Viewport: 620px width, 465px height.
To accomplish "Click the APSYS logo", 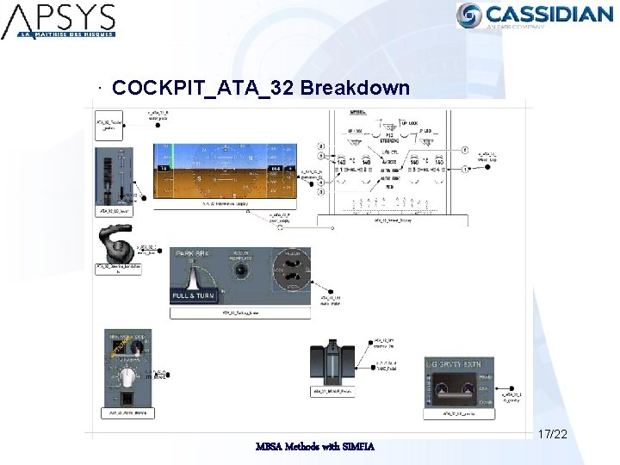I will [58, 20].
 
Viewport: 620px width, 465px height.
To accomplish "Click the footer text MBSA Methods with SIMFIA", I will [314, 445].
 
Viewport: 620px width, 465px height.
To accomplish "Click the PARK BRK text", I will [193, 254].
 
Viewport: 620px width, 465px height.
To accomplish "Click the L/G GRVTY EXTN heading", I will [457, 364].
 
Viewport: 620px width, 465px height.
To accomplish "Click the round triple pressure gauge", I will [289, 270].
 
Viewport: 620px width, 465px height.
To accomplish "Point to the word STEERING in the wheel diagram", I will [389, 142].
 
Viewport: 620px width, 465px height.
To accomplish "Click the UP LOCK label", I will [407, 122].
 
